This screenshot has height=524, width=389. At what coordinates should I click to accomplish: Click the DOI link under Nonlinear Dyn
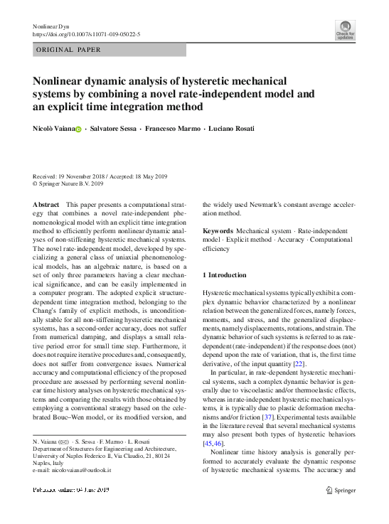87,33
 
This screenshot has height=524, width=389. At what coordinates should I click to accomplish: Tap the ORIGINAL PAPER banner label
68,50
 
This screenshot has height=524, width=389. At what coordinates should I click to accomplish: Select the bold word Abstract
46,204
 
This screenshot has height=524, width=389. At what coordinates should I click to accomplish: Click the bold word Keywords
218,231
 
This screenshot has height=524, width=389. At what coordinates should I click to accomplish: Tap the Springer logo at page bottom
340,489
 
